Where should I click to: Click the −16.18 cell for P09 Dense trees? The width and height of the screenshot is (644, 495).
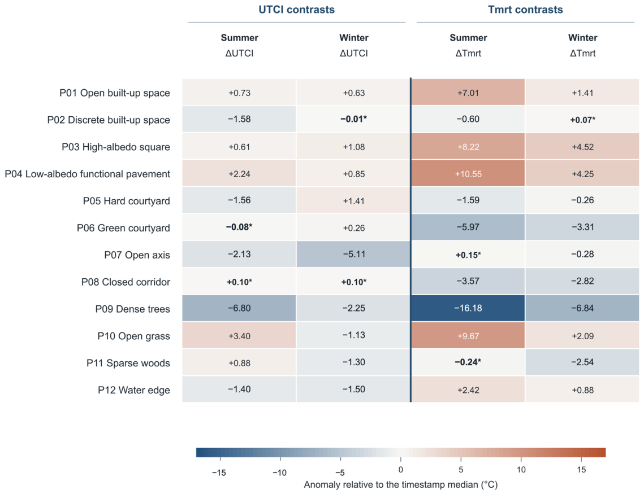click(468, 308)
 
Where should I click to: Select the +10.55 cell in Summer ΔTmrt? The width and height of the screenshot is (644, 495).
click(468, 173)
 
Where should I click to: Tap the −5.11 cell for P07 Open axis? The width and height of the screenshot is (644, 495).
click(353, 254)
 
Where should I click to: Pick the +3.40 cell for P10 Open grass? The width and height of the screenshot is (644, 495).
click(239, 335)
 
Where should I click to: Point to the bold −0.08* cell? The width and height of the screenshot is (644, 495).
click(239, 227)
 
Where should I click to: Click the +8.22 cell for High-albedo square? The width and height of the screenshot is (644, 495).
click(468, 146)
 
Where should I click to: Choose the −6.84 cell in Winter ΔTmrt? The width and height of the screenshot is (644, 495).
click(582, 308)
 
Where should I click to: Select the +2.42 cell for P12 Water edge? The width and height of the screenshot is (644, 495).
click(468, 389)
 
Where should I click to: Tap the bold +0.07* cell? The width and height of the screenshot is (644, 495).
click(582, 120)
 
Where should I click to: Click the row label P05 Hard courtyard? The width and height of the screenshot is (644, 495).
click(127, 201)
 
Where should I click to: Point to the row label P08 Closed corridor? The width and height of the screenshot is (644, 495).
click(126, 282)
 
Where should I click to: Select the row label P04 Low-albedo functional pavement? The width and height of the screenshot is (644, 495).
click(88, 174)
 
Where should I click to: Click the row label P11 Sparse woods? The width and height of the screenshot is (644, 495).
click(128, 363)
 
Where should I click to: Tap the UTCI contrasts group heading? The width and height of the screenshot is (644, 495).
click(296, 10)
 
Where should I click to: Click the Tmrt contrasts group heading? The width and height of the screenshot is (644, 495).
click(525, 10)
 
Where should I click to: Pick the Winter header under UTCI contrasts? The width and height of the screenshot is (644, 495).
click(353, 38)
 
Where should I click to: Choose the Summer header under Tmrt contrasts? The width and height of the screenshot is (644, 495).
click(468, 38)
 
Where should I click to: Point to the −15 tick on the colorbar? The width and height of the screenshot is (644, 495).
click(220, 458)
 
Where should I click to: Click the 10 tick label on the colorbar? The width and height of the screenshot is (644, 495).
click(521, 470)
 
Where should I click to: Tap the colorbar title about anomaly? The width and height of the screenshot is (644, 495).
click(401, 485)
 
